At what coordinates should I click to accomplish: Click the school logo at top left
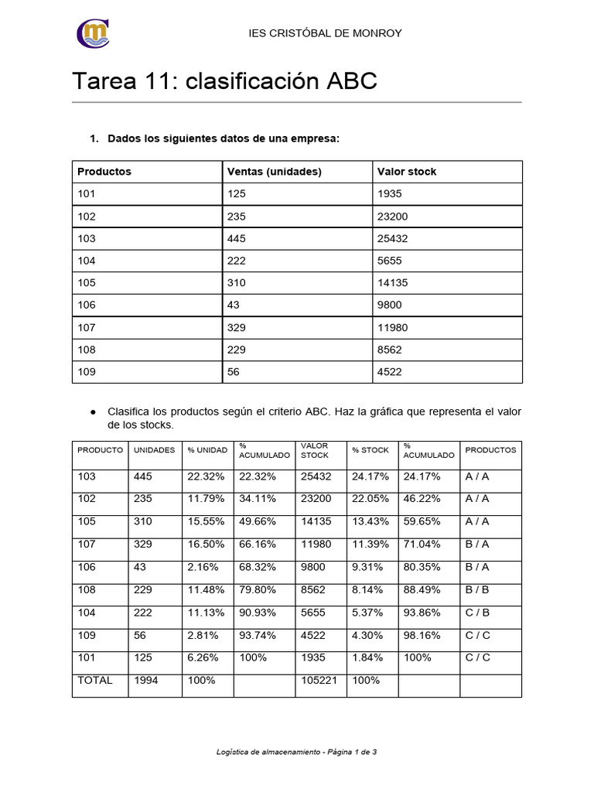pyautogui.click(x=93, y=33)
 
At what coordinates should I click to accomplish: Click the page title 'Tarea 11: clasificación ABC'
pyautogui.click(x=224, y=81)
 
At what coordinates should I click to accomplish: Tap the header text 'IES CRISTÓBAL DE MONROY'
pyautogui.click(x=324, y=33)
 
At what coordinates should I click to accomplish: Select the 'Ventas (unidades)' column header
pyautogui.click(x=274, y=172)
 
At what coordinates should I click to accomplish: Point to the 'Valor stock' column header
pyautogui.click(x=407, y=172)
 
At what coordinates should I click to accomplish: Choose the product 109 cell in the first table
pyautogui.click(x=87, y=372)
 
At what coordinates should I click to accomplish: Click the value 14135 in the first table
pyautogui.click(x=393, y=283)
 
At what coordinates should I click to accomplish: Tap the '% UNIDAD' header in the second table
pyautogui.click(x=207, y=450)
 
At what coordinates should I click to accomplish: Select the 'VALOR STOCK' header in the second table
pyautogui.click(x=315, y=450)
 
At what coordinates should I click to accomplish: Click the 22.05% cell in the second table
pyautogui.click(x=370, y=499)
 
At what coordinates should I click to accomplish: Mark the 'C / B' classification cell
pyautogui.click(x=477, y=613)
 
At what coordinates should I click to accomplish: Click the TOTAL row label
pyautogui.click(x=95, y=681)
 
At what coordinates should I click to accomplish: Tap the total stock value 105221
pyautogui.click(x=319, y=681)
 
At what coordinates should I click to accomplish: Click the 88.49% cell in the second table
pyautogui.click(x=422, y=589)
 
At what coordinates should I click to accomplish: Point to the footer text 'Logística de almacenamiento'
pyautogui.click(x=269, y=751)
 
